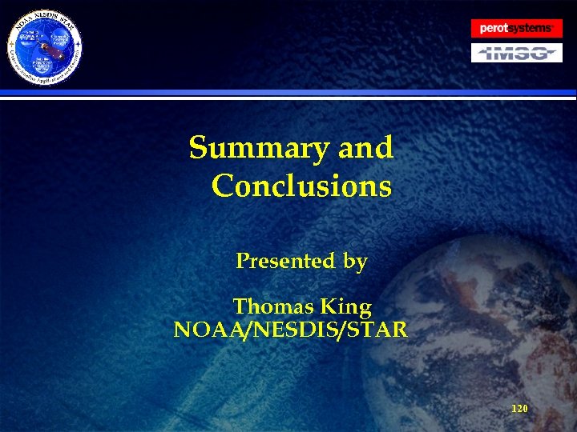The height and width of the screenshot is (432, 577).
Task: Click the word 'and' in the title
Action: [365, 148]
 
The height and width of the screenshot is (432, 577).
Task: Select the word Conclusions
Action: [301, 186]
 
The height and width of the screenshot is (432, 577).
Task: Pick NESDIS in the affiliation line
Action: [297, 329]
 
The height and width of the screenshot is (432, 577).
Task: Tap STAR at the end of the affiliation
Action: [377, 329]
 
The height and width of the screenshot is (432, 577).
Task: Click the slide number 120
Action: [519, 408]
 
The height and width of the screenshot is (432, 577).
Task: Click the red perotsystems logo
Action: [516, 29]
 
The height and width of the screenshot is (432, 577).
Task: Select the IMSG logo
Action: [516, 54]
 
